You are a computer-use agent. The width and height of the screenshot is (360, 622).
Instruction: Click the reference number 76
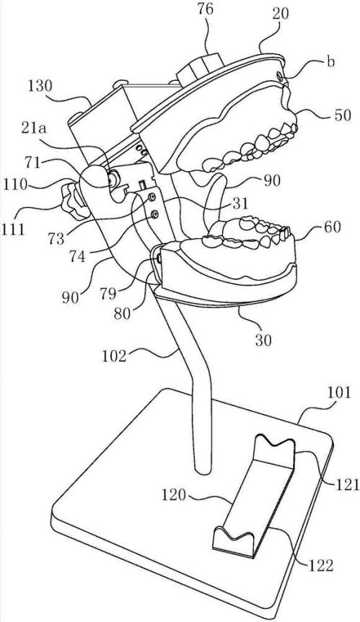[205, 9]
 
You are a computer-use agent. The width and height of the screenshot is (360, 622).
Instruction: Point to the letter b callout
[330, 63]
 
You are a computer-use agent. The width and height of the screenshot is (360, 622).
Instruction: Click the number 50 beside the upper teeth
[341, 115]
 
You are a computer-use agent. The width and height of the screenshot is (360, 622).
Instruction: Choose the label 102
[113, 356]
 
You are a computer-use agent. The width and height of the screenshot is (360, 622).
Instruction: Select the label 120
[175, 495]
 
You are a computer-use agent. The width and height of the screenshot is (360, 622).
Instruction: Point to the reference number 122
[320, 566]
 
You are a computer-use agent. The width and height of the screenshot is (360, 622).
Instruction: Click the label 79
[107, 294]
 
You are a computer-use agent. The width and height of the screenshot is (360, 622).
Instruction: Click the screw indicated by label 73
[151, 197]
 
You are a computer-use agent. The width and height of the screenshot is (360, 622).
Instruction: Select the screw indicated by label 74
[154, 214]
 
